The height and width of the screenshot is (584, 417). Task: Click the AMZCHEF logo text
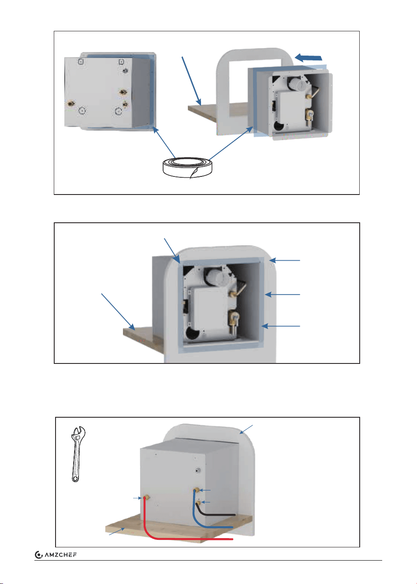pos(61,554)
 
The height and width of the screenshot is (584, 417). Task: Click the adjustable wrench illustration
pos(77,454)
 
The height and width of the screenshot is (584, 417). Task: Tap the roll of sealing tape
pos(187,168)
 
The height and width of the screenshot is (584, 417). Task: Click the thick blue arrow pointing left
pos(309,57)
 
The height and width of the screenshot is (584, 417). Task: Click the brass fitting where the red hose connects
pos(146,498)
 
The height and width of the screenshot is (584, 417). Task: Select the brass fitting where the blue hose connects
pos(196,490)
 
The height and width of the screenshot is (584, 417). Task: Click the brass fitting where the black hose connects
pos(198,502)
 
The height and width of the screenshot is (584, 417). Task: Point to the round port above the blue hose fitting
pos(197,471)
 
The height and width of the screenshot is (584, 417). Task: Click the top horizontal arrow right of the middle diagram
pos(285,260)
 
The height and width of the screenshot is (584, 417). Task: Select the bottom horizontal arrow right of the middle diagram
pos(281,326)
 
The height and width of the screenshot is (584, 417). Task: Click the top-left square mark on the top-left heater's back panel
pos(81,62)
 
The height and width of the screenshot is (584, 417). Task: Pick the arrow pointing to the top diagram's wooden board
pos(191,81)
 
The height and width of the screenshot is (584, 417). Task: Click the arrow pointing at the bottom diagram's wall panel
pos(246,429)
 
